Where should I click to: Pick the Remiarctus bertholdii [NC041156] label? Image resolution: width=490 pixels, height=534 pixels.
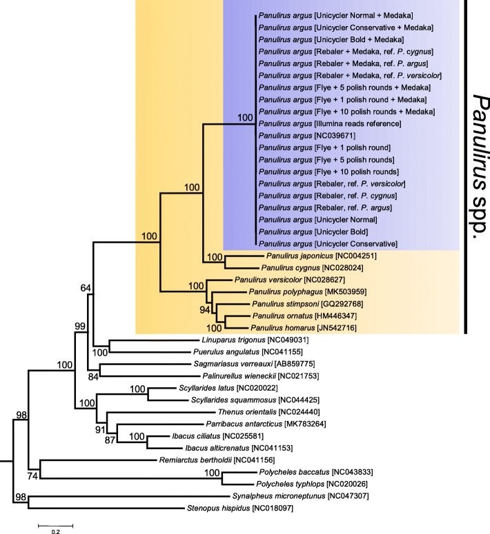(225, 460)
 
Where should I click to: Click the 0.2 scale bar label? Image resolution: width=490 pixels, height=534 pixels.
(55, 531)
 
